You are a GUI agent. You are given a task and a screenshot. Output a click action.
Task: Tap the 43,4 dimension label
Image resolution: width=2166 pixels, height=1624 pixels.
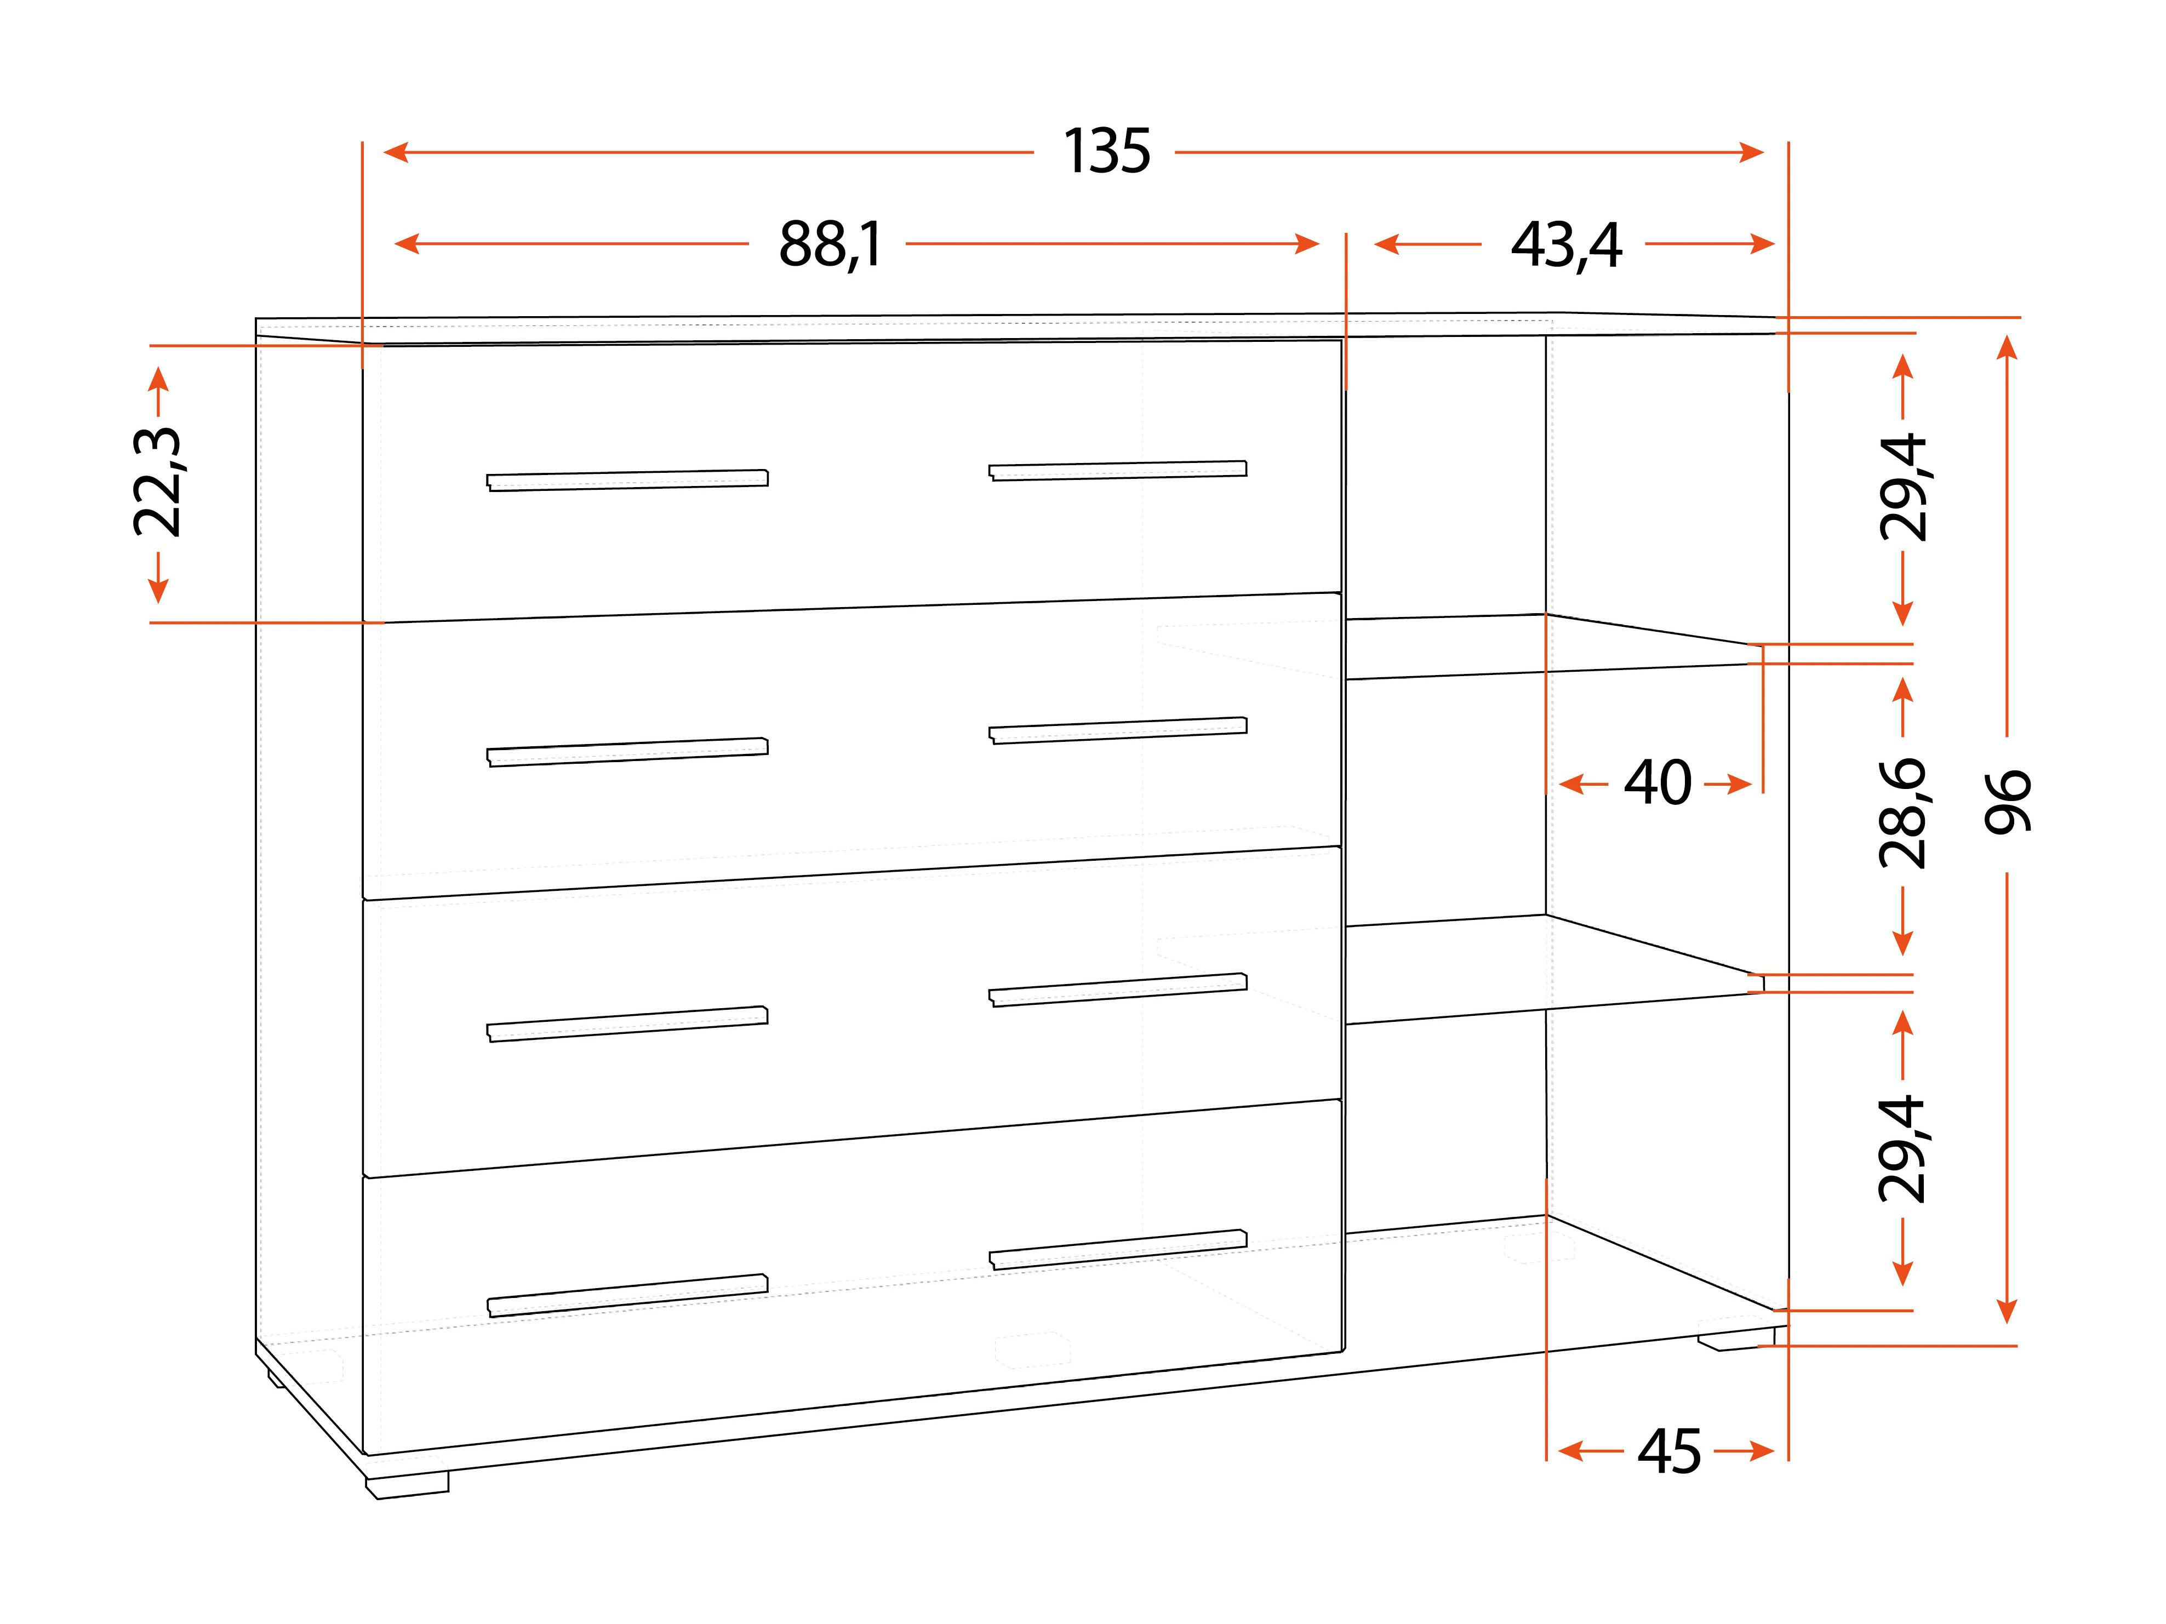tap(1567, 245)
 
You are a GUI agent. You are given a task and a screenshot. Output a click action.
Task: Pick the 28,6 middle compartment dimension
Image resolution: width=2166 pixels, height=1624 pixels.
tap(1902, 814)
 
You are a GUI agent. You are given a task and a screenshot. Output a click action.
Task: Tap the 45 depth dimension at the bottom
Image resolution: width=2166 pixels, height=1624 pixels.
tap(1670, 1452)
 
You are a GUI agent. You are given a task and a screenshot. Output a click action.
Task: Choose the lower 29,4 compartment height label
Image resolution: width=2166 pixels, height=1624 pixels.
tap(1902, 1148)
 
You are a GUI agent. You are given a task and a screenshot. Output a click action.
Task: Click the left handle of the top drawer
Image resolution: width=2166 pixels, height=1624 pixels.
tap(628, 479)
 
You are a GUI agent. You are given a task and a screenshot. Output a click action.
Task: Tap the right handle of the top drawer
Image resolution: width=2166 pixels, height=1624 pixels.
tap(1117, 471)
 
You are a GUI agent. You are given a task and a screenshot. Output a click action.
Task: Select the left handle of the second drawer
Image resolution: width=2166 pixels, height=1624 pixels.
tap(628, 752)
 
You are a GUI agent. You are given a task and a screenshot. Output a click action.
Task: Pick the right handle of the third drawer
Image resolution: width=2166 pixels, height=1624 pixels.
tap(1117, 990)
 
